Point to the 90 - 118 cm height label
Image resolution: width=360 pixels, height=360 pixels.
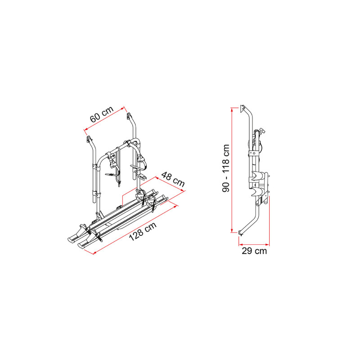click(x=226, y=168)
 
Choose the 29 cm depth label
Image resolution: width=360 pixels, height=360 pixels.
click(x=254, y=251)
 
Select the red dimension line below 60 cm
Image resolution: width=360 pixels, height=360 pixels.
click(x=104, y=120)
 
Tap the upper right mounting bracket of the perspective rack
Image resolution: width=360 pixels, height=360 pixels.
click(x=130, y=118)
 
